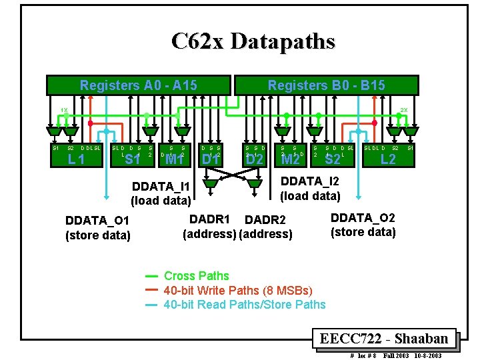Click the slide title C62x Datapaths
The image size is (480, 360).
[x=253, y=42]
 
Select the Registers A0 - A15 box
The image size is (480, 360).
[x=138, y=85]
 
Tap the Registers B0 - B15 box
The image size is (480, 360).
[x=326, y=85]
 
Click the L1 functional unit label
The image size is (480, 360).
[x=77, y=159]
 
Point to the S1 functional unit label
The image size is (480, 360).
[x=133, y=159]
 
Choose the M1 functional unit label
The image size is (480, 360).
[x=174, y=159]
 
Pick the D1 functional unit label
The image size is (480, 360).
[x=211, y=159]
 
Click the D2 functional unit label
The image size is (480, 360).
[x=254, y=159]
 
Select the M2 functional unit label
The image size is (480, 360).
[x=290, y=159]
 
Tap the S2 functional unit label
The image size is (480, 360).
[x=332, y=159]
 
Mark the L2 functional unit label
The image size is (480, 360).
[x=387, y=159]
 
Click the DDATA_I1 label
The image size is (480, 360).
[x=161, y=186]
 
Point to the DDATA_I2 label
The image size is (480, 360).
[x=310, y=181]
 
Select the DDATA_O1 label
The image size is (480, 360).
[x=97, y=221]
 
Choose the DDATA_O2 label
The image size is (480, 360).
[x=363, y=218]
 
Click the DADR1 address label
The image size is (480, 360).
[x=210, y=219]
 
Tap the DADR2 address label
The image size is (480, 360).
[x=265, y=220]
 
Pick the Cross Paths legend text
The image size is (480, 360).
[x=196, y=276]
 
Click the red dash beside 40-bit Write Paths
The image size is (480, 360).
[x=151, y=290]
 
